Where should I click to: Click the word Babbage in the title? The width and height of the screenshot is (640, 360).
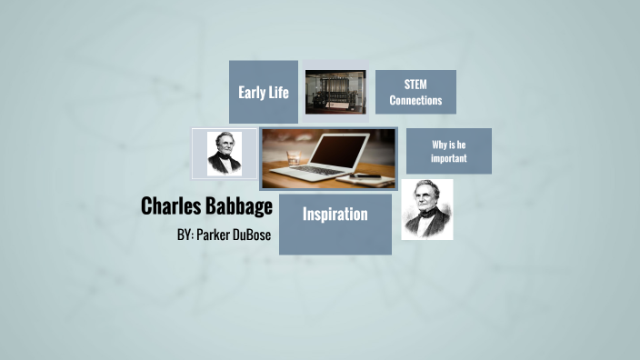click(x=239, y=206)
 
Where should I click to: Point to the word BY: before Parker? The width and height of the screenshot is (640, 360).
click(x=185, y=235)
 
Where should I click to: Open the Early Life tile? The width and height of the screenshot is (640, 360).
click(x=264, y=92)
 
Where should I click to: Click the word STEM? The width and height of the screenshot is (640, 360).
click(x=415, y=84)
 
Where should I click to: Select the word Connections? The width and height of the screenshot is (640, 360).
click(x=415, y=100)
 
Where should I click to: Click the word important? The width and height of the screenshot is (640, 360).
click(x=449, y=158)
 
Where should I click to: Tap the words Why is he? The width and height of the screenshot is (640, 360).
click(x=449, y=144)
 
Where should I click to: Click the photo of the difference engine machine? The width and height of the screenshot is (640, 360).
click(x=335, y=92)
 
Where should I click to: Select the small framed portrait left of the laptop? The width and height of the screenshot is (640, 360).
click(x=224, y=153)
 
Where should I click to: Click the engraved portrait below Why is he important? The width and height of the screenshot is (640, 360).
click(x=427, y=209)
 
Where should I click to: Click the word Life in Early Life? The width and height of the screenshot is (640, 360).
click(x=279, y=92)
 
